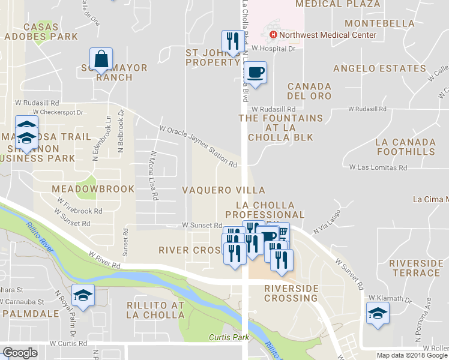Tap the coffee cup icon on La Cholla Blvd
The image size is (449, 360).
(x=256, y=73)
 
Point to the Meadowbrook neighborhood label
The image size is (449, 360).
(x=93, y=189)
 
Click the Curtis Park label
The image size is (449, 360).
(x=229, y=338)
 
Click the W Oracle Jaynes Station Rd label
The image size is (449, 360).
(x=198, y=146)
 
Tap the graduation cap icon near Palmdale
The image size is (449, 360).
(x=83, y=295)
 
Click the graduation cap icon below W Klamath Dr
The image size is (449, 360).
(x=378, y=313)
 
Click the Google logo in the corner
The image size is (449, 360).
(x=20, y=353)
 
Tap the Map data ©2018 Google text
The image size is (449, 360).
(x=412, y=355)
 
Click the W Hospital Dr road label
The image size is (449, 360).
(x=274, y=48)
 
